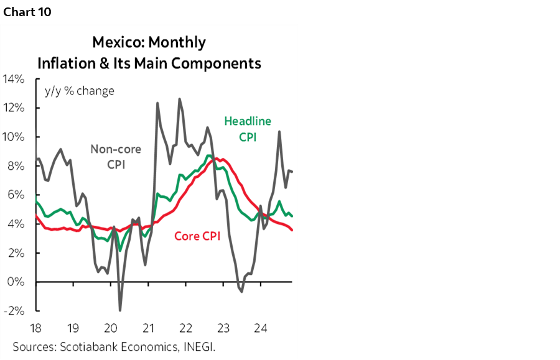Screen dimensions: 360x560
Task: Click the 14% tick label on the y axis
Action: tap(14, 79)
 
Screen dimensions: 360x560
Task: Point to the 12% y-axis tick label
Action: tap(14, 108)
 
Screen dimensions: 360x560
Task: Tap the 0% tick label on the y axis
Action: tap(16, 282)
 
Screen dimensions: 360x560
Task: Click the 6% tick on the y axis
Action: tap(16, 195)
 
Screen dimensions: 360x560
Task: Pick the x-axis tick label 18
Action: tap(35, 327)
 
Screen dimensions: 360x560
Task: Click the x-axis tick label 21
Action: tap(149, 327)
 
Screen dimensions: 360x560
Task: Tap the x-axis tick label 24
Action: tap(261, 327)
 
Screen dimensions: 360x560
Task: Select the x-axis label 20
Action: tap(111, 327)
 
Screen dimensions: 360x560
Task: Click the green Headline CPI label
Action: tap(247, 129)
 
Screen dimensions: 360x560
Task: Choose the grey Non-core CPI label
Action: tap(116, 157)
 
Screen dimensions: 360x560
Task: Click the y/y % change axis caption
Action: tap(79, 91)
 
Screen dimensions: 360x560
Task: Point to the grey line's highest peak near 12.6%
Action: tap(180, 99)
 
